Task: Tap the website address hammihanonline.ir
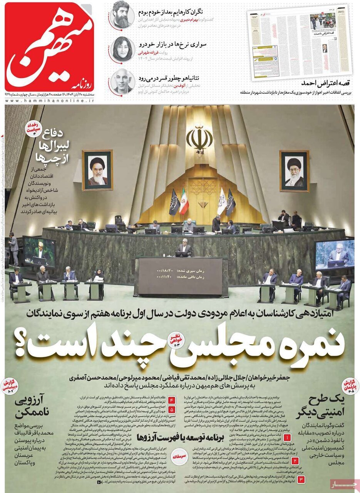pos(50,101)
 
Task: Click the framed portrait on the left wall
pos(97,170)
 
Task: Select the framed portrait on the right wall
pos(294,171)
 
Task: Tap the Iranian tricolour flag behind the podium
pos(184,201)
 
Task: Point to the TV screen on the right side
pos(334,254)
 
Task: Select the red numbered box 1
pos(288,438)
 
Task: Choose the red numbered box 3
pos(301,480)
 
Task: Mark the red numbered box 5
pos(171,409)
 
